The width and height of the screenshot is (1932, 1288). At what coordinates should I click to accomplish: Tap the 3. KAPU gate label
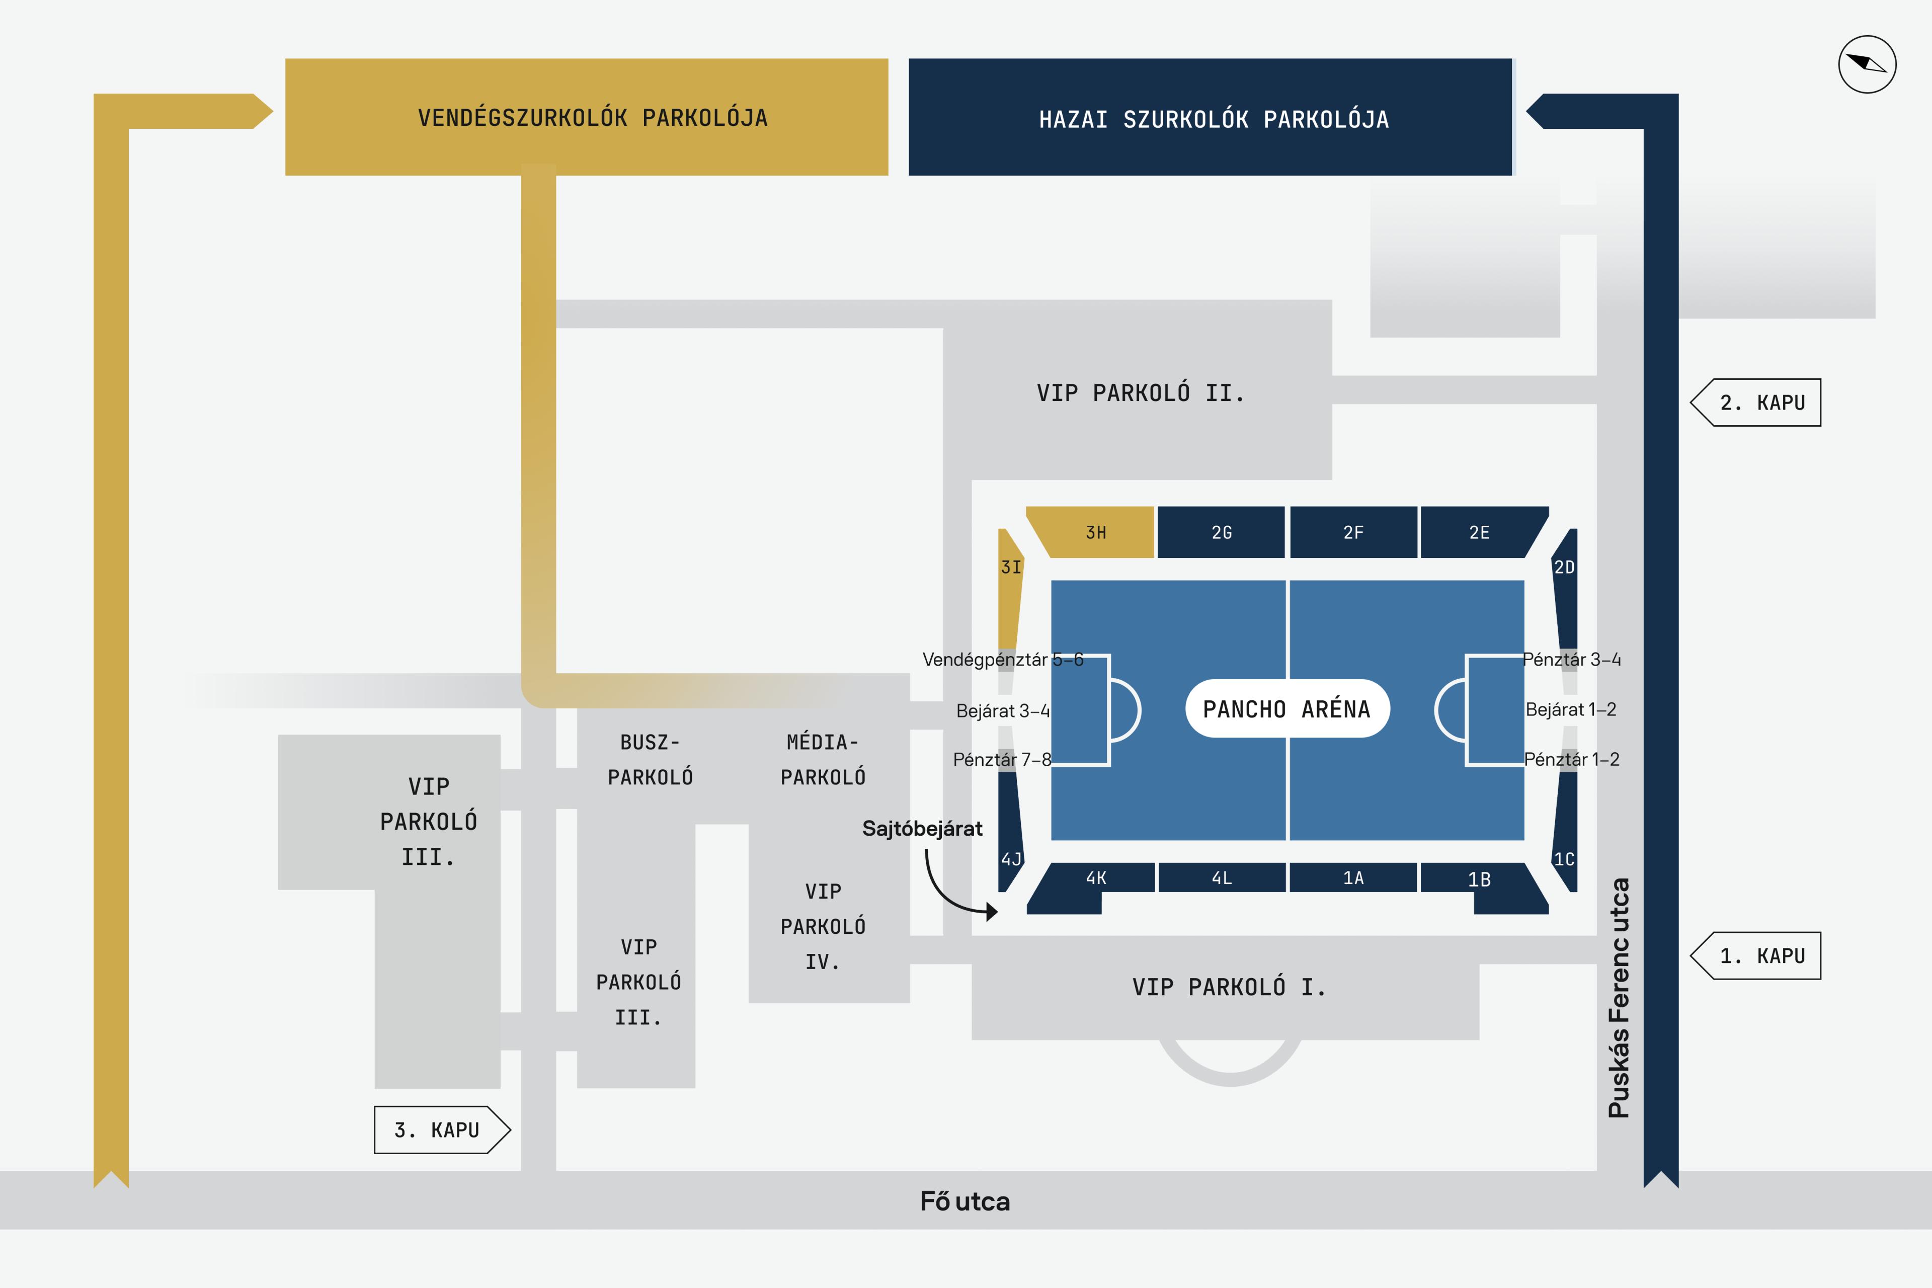437,1131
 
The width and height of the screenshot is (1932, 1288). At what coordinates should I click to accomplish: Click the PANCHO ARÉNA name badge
1286,709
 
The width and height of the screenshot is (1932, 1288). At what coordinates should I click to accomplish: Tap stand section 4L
1222,878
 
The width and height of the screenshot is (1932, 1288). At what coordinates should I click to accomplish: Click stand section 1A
1353,878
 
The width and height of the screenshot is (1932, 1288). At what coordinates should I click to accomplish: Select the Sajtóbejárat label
922,829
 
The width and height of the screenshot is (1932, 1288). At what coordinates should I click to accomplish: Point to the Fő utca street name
965,1202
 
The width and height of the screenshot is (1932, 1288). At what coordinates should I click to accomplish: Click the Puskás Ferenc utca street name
1618,998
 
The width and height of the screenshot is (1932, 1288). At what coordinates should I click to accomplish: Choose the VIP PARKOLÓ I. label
1229,987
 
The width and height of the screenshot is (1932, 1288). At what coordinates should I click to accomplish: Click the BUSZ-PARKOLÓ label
650,760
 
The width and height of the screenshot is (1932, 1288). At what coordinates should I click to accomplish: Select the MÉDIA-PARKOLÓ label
822,760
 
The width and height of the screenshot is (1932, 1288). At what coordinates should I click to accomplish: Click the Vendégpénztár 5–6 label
1002,660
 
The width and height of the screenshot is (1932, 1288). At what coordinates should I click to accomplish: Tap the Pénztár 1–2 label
1571,760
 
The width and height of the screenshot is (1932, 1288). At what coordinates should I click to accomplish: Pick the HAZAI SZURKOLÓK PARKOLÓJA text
1213,120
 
